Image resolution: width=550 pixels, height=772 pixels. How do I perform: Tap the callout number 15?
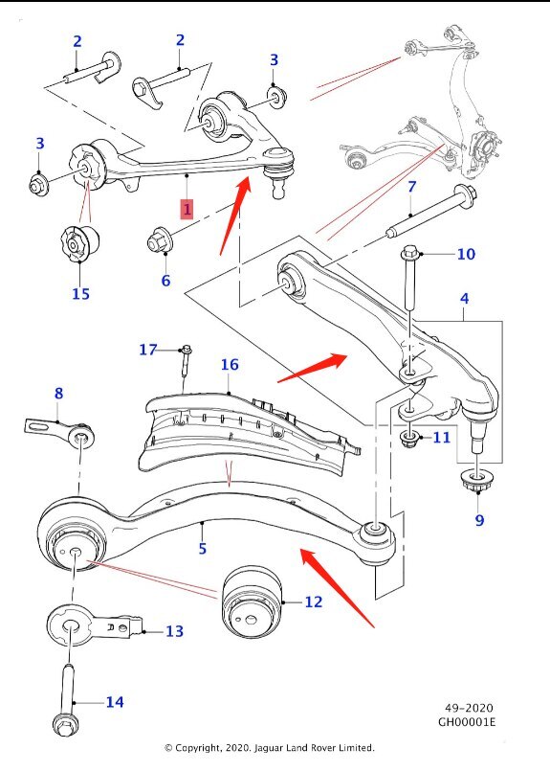[x=80, y=293]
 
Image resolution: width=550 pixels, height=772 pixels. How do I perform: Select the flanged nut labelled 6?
[x=159, y=240]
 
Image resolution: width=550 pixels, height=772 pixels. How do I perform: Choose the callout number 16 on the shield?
[x=229, y=364]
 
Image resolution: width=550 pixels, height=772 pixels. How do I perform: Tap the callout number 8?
[x=58, y=394]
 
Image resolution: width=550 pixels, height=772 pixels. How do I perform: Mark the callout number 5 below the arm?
[x=202, y=549]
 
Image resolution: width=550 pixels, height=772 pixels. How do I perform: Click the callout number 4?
[x=464, y=300]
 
